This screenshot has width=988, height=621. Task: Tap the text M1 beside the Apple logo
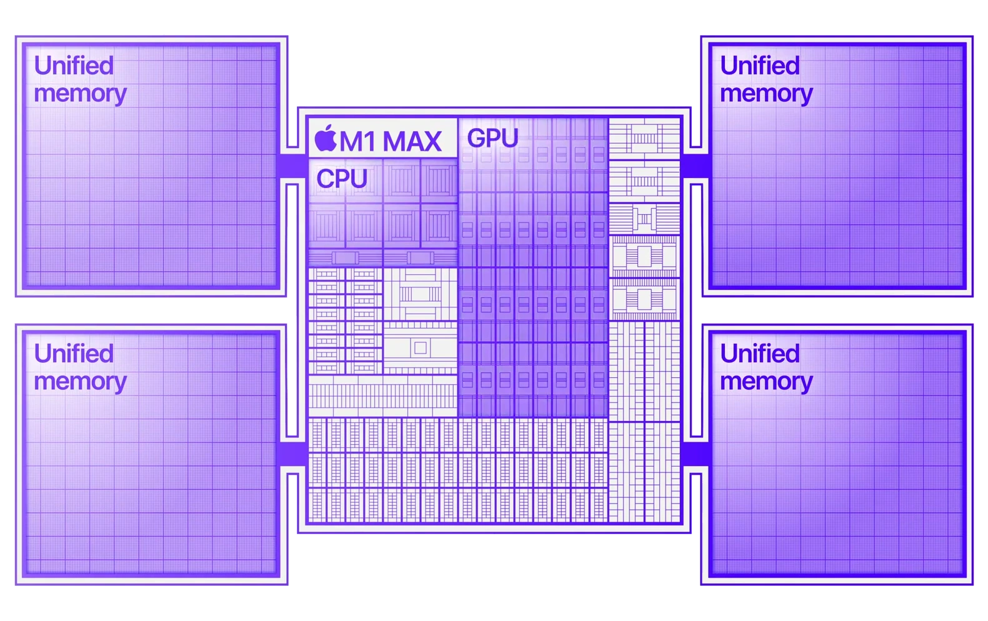tap(358, 142)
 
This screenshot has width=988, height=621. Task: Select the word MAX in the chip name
tap(412, 142)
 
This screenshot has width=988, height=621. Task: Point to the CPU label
tap(341, 179)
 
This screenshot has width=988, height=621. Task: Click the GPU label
tap(492, 138)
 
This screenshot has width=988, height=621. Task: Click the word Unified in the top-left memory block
tap(74, 66)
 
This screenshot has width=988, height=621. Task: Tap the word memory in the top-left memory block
tap(80, 94)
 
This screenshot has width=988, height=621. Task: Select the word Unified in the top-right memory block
tap(759, 66)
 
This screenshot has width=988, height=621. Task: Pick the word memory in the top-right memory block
tap(766, 94)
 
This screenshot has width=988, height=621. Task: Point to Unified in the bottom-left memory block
tap(74, 354)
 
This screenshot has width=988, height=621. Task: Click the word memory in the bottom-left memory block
tap(80, 382)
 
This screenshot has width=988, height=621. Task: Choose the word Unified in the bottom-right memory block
tap(759, 354)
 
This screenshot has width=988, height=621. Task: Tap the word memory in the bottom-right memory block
tap(766, 382)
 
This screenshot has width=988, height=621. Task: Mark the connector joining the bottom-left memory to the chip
tap(291, 454)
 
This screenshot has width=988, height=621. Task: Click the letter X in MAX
tap(431, 142)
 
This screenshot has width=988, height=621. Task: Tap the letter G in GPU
tap(476, 138)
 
